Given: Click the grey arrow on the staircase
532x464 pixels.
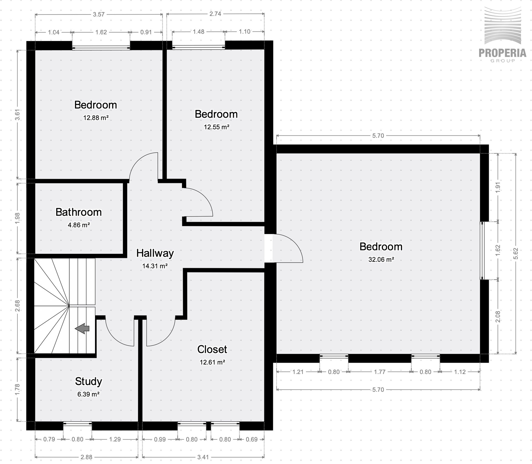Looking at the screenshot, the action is (82, 329).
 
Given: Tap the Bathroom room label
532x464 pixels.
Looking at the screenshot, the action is (79, 212).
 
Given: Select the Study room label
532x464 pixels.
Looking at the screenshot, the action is (88, 381).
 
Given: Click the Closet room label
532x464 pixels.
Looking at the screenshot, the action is (212, 349).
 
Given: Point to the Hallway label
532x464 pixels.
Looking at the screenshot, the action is (155, 253).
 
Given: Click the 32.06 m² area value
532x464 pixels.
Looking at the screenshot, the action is (381, 260).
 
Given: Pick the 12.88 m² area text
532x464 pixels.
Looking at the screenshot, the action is (96, 118).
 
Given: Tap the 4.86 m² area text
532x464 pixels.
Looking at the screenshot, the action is (79, 225).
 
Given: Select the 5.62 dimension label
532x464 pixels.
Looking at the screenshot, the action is (516, 253).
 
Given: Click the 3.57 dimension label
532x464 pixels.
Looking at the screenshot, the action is (99, 14).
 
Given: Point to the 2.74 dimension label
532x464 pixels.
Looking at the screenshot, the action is (215, 14).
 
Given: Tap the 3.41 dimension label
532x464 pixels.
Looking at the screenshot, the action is (203, 457).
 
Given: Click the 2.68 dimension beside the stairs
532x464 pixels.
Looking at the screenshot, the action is (17, 306).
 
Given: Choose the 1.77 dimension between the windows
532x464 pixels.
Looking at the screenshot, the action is (380, 372).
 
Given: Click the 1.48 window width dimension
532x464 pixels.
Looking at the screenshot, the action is (199, 32).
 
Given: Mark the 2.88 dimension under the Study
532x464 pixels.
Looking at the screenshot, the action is (86, 457).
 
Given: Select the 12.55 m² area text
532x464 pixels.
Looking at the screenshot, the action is (217, 127).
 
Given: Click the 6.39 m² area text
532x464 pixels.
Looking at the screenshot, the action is (88, 394).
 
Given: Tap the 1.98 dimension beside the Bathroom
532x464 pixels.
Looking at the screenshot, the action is (17, 218).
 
